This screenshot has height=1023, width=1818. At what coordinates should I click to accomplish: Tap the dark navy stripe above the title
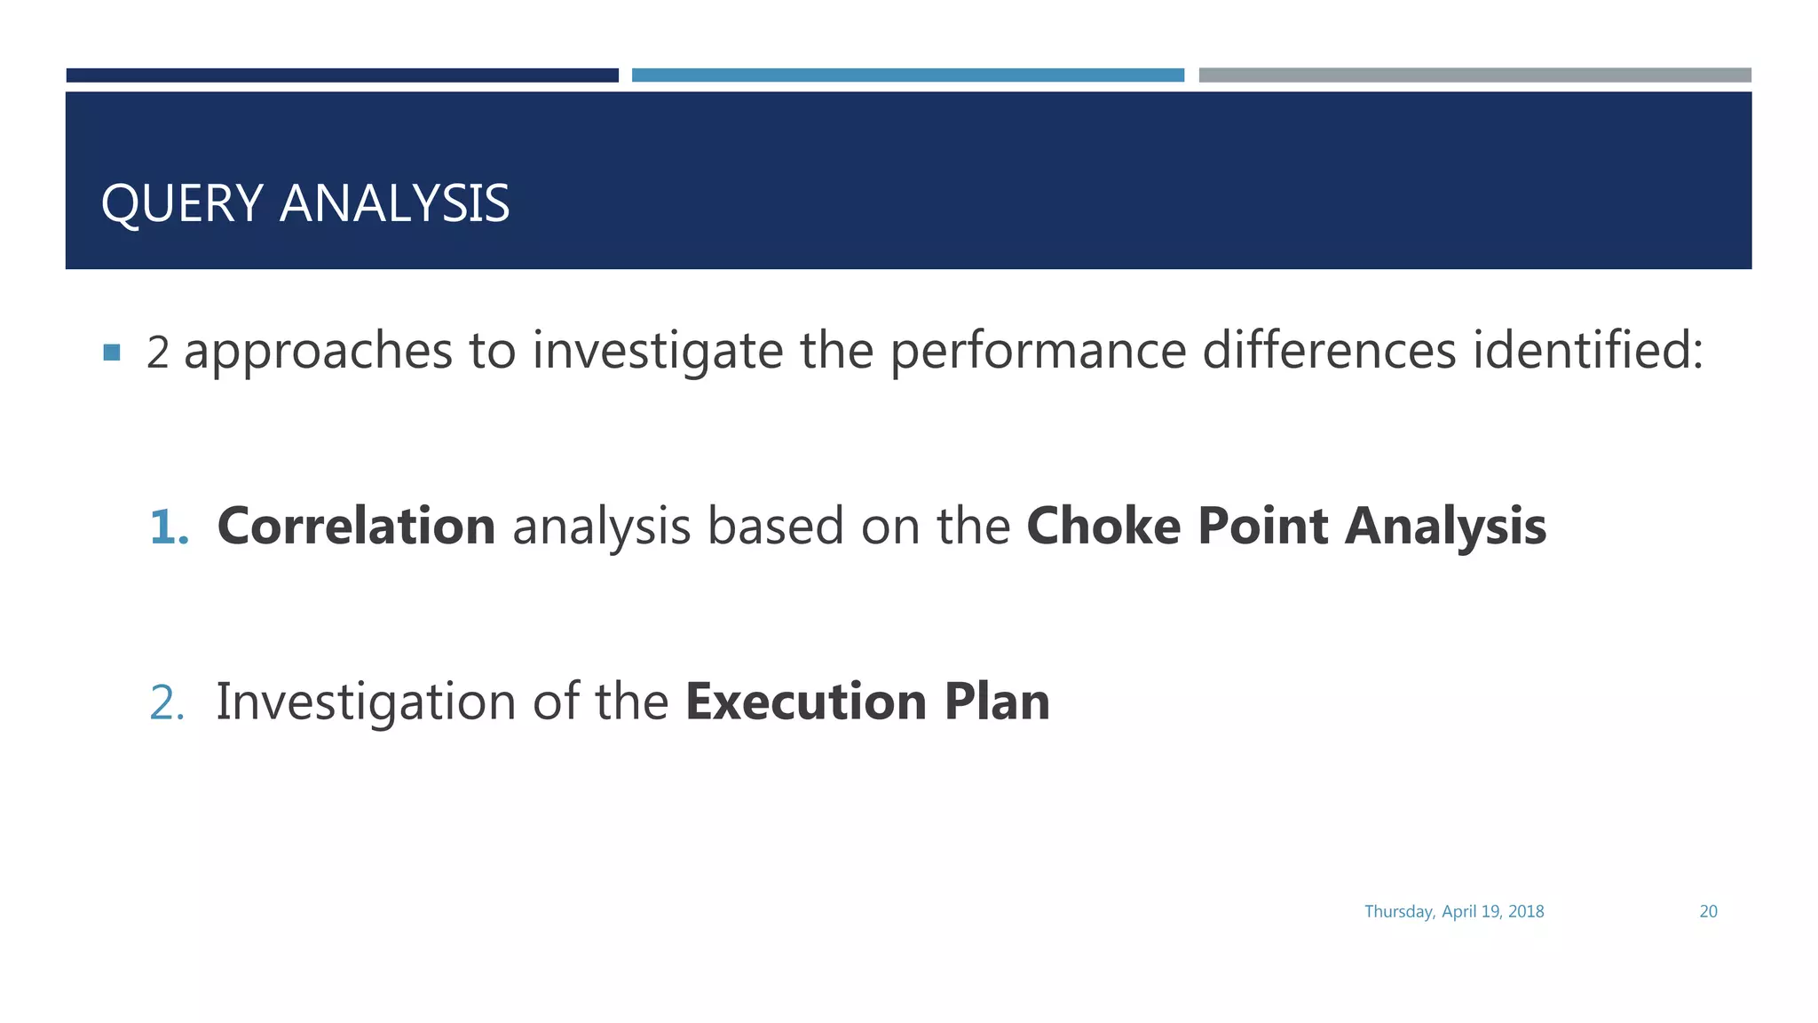[342, 75]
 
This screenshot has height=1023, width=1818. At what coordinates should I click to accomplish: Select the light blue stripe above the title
[907, 75]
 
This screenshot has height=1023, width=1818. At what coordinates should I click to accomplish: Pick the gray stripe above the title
[1474, 75]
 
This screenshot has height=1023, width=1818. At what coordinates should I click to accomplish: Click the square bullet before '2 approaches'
[112, 353]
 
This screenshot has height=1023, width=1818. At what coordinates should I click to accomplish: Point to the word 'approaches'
[318, 352]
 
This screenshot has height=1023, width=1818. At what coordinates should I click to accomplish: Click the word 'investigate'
[657, 352]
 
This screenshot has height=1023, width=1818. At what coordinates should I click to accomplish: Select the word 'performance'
[1038, 352]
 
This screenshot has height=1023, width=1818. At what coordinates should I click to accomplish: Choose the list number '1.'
[169, 527]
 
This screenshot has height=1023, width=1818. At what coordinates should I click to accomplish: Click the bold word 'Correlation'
[356, 526]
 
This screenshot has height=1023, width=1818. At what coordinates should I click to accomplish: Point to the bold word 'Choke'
[1103, 526]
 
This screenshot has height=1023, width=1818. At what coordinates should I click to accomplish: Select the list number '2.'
[167, 702]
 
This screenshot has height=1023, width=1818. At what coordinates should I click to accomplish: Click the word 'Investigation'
[365, 702]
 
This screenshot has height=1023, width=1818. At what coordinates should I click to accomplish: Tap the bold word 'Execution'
[806, 702]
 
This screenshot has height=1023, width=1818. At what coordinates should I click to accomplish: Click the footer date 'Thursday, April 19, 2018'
[1454, 911]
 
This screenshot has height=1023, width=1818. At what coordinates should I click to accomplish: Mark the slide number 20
[1708, 911]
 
